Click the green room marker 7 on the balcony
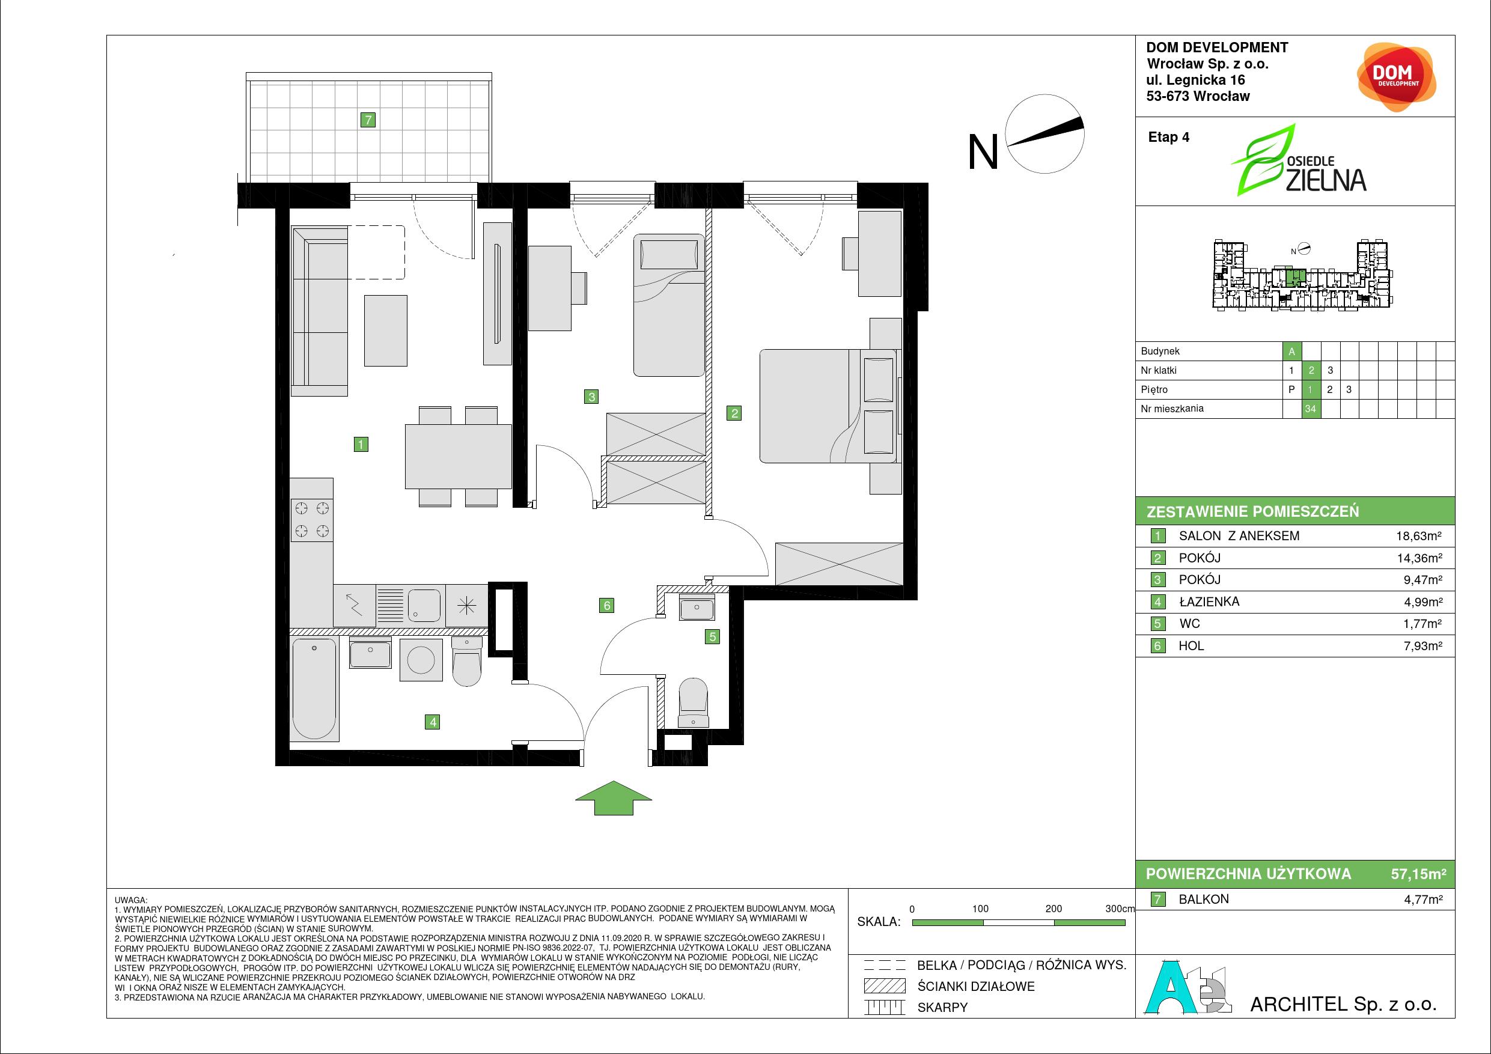[x=368, y=120]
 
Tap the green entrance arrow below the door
[x=613, y=797]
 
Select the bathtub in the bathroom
[x=315, y=689]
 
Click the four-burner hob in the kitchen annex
[x=312, y=520]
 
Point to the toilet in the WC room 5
[x=693, y=702]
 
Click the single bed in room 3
[x=669, y=305]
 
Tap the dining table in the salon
[x=459, y=456]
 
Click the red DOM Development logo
[x=1396, y=78]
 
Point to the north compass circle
[x=1045, y=134]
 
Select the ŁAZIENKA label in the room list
[x=1209, y=602]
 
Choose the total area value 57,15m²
[x=1418, y=874]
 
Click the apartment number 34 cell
[x=1311, y=409]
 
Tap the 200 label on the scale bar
[x=1053, y=909]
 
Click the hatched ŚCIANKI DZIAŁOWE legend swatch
[x=884, y=986]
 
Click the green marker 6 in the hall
[x=606, y=606]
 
